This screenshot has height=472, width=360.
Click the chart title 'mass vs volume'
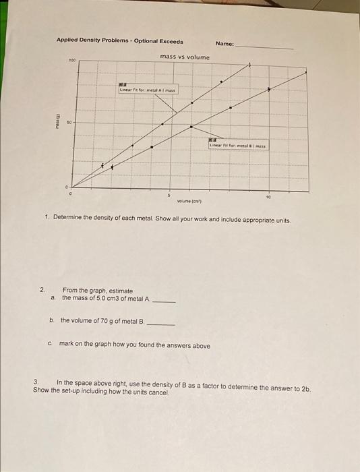(185, 57)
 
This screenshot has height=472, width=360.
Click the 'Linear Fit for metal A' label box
(147, 90)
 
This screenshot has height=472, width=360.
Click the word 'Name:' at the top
(224, 44)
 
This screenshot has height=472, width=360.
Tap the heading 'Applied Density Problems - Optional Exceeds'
(119, 41)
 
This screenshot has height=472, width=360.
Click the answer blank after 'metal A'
(164, 301)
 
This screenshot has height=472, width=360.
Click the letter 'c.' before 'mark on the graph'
(51, 345)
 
